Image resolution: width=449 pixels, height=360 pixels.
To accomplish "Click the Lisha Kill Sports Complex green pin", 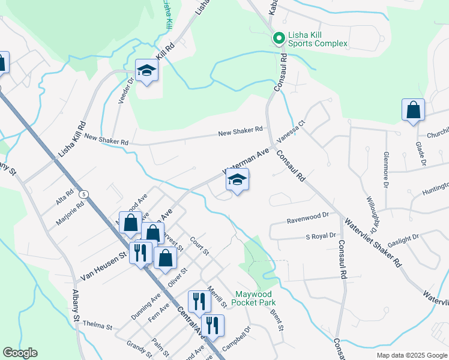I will pos(279,39).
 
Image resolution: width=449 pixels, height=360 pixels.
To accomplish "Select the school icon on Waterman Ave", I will pos(238,180).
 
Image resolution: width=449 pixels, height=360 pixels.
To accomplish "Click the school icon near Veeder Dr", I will pos(146,71).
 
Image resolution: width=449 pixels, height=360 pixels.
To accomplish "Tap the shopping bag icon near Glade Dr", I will pos(413,110).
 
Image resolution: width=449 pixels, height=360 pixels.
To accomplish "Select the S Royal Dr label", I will pos(321,236).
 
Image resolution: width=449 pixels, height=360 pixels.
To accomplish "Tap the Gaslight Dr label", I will pos(403,239).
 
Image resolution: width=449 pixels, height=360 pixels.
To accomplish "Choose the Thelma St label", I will pos(98,326).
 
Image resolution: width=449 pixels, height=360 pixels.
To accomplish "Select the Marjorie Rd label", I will pos(71,209).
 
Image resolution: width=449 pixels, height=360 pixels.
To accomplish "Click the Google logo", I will pos(20,353).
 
